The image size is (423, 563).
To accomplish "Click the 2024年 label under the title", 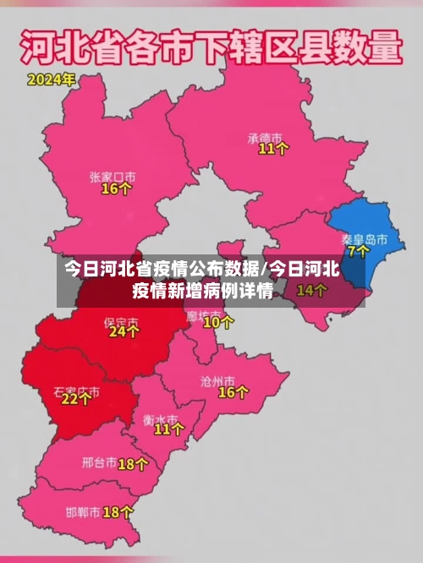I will point(51,80).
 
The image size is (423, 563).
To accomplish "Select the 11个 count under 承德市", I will point(273,149).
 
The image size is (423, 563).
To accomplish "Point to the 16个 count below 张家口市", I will point(117,189).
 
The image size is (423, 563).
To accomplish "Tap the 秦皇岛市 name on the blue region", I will point(365,239).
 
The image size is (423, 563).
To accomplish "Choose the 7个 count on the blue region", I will point(359,251).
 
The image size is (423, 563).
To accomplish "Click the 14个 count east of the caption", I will point(311,291).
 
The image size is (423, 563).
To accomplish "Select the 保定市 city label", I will point(120,322).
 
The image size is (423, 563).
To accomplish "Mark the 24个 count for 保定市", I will point(124,332).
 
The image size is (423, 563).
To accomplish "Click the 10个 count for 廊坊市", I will point(218,321).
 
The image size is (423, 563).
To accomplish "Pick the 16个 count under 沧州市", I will point(233,392).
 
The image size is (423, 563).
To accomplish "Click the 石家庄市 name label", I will point(76,392).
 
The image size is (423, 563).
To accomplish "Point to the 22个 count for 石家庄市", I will point(76,400).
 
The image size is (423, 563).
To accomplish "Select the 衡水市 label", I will point(161,419).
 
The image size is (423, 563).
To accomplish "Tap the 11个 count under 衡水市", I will point(168,429).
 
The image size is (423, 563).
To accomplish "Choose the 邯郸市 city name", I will point(83,512).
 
